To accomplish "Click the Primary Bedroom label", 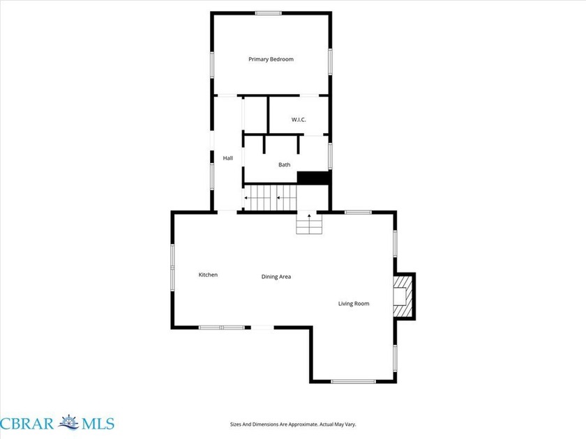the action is (271, 59).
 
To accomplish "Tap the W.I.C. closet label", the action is (299, 119).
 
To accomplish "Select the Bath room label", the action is (285, 164).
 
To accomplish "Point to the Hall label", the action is (228, 158).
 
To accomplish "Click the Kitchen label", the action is (208, 275).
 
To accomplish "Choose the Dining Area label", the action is (276, 277).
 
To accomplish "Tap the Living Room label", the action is (354, 304).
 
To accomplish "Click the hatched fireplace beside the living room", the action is (403, 296).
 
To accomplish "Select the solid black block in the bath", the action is (313, 178).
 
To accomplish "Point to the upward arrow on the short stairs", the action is (309, 217).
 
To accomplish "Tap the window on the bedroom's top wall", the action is (269, 13).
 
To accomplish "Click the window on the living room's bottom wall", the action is (353, 381).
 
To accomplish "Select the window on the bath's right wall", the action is (330, 155).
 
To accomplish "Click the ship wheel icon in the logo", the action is (68, 422).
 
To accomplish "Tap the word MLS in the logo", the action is (98, 424).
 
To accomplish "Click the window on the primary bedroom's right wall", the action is (330, 61).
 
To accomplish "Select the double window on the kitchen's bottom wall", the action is (221, 328).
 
